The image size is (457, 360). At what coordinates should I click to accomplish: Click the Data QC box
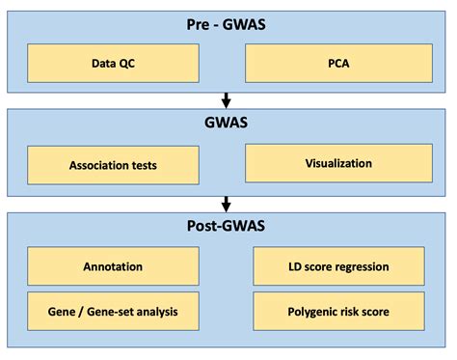pyautogui.click(x=113, y=64)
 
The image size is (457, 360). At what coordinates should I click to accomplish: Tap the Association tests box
pyautogui.click(x=113, y=165)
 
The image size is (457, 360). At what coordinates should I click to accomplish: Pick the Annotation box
pyautogui.click(x=113, y=266)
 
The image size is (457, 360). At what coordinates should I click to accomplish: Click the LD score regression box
pyautogui.click(x=338, y=266)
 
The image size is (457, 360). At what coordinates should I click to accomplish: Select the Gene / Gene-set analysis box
pyautogui.click(x=113, y=311)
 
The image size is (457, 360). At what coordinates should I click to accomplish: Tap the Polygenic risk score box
pyautogui.click(x=338, y=311)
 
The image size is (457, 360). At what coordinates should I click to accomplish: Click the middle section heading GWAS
pyautogui.click(x=228, y=124)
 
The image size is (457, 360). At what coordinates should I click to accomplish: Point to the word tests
pyautogui.click(x=141, y=165)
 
